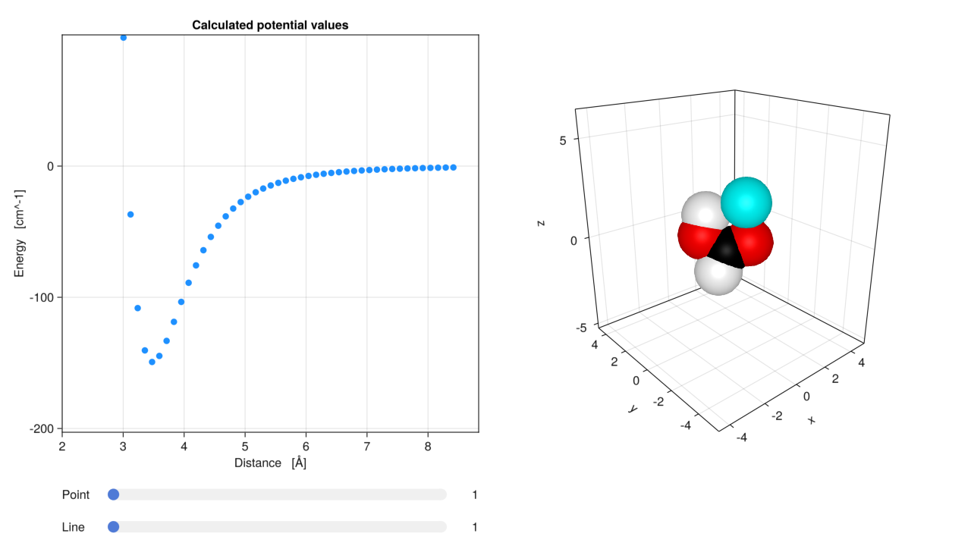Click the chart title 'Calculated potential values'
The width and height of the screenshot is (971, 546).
point(270,25)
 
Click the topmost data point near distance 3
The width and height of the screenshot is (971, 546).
point(124,37)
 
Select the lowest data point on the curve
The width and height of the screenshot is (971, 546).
point(152,362)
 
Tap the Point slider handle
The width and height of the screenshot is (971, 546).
point(114,494)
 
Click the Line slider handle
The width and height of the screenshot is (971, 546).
point(114,527)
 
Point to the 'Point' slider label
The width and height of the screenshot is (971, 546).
point(76,495)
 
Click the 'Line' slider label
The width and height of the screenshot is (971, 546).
point(74,527)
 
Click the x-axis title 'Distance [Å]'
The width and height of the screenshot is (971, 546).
point(270,463)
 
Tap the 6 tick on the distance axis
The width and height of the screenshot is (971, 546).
point(306,446)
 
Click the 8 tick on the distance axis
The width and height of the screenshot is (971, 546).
point(428,446)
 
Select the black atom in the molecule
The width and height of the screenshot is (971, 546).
point(727,250)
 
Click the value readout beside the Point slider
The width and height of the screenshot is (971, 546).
point(474,495)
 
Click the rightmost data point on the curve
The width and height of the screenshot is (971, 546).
point(454,167)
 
